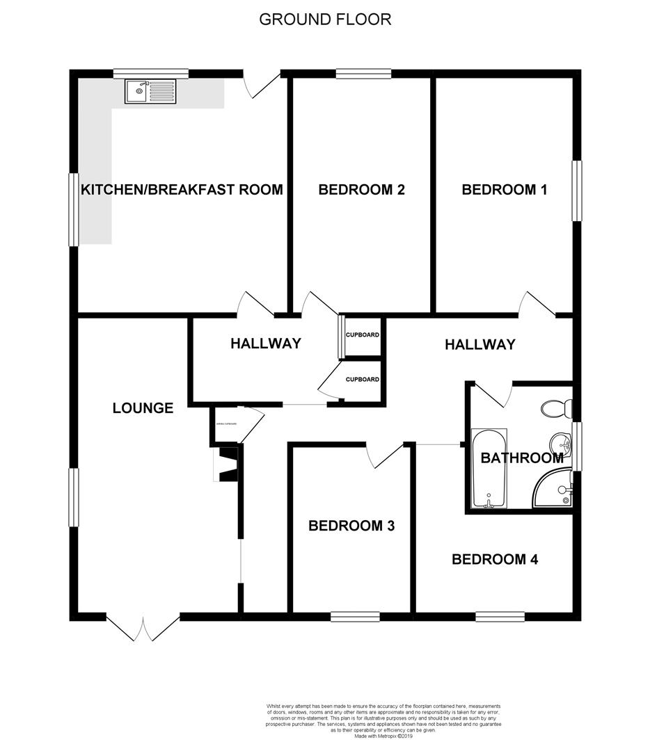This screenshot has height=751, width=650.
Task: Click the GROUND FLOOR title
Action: (x=325, y=19)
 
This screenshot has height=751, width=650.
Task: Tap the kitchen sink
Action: (x=150, y=91)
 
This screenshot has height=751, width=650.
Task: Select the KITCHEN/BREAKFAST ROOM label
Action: (x=182, y=189)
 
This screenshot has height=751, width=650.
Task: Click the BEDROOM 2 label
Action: (x=361, y=189)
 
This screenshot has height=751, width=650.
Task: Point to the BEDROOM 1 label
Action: (x=505, y=189)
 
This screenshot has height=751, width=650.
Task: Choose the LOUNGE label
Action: (x=143, y=408)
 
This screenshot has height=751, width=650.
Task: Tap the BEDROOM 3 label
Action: (x=351, y=526)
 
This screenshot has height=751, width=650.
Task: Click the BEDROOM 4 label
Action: (x=494, y=559)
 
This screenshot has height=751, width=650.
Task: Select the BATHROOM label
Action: (x=522, y=458)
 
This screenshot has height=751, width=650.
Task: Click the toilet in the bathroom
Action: (x=558, y=408)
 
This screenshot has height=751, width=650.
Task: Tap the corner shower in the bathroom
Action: (x=555, y=489)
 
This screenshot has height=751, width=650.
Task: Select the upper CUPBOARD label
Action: (x=363, y=335)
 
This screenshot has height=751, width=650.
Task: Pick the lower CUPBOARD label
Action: (x=363, y=380)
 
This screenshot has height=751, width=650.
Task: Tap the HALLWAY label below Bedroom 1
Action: (x=480, y=344)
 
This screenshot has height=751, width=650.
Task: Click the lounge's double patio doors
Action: (x=143, y=627)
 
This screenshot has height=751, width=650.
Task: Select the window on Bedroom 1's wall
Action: (x=577, y=191)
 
